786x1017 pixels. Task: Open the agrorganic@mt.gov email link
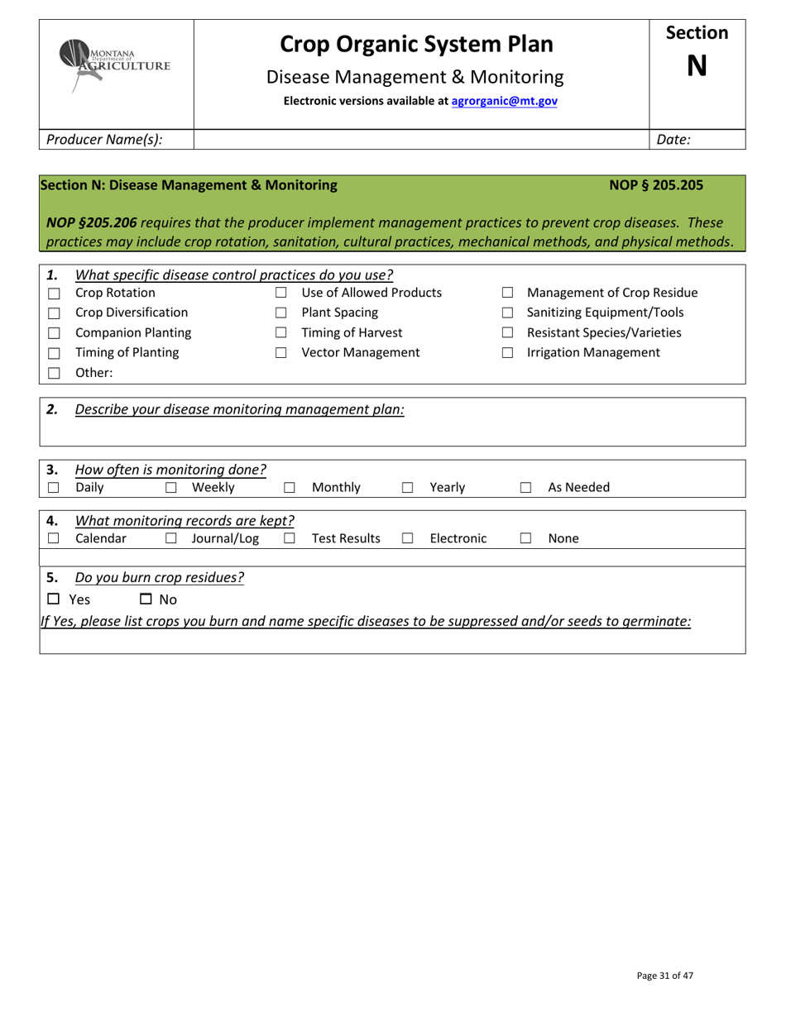504,101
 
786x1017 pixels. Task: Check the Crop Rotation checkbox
54,294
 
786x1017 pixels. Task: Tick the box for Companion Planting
54,333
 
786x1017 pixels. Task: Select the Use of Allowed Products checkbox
280,294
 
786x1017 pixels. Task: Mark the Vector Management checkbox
280,354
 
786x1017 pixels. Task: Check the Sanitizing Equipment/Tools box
507,313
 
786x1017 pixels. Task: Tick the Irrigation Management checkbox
507,354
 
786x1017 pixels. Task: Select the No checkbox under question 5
146,599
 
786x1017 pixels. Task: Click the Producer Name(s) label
104,140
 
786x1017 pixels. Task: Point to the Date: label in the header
673,140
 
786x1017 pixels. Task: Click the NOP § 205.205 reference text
656,186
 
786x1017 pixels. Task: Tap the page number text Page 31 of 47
664,976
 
